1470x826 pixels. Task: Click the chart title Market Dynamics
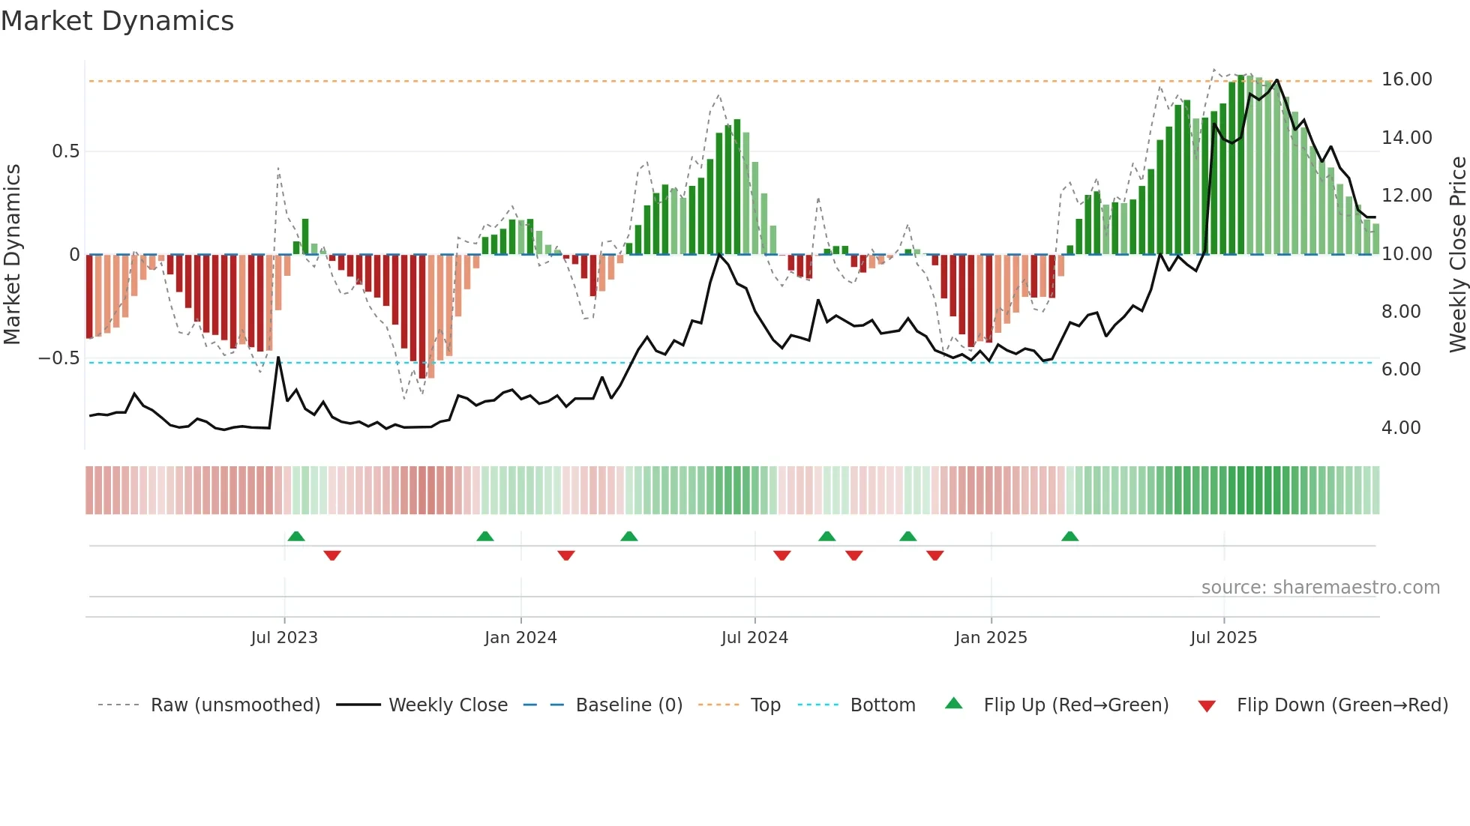tap(117, 21)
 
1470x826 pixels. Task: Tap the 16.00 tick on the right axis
tap(1406, 79)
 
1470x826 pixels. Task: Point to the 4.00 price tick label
tap(1401, 428)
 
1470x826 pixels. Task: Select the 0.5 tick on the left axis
tap(65, 151)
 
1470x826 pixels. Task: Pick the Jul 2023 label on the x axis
tap(284, 638)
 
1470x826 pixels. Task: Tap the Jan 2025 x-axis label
tap(991, 638)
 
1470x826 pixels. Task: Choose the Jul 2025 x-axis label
tap(1223, 638)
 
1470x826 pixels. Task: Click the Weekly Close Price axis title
tap(1457, 255)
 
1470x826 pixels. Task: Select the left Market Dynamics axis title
tap(12, 255)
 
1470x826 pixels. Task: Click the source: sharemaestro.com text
tap(1320, 588)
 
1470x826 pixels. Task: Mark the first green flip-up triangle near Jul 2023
tap(296, 536)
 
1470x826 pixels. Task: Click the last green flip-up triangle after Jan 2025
tap(1069, 536)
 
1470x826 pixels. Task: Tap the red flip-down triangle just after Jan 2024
tap(566, 555)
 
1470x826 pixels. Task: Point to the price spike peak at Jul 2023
tap(278, 358)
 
